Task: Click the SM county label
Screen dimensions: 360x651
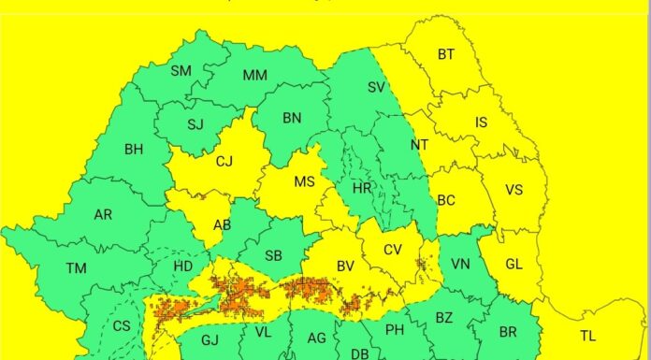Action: point(181,70)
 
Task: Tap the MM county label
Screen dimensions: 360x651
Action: point(254,76)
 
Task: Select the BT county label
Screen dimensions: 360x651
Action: point(446,54)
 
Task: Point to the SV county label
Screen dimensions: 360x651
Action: point(377,87)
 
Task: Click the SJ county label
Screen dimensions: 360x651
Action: point(195,124)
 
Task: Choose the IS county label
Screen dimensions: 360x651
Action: point(482,122)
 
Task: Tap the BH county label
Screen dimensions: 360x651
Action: point(134,148)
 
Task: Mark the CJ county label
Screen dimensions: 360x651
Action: point(224,162)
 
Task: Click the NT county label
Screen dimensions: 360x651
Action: point(420,146)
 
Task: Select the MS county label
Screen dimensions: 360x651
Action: point(304,182)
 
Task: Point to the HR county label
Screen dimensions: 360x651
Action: point(361,188)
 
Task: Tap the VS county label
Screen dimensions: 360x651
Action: point(514,189)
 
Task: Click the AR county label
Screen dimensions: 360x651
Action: point(103,214)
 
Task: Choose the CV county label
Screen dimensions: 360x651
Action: point(393,250)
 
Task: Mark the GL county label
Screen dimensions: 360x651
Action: point(514,264)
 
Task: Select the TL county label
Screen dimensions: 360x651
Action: point(587,336)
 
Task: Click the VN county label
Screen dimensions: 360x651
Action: point(460,265)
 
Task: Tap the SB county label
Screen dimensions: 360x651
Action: point(273,255)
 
